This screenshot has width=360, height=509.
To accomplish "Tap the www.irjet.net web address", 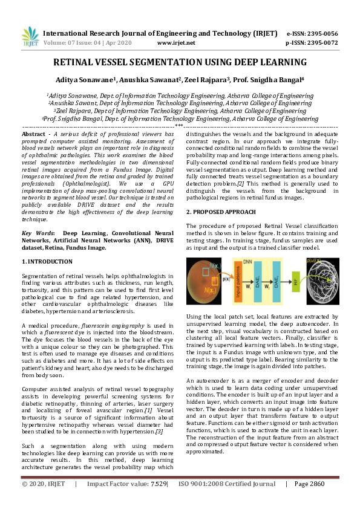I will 175,43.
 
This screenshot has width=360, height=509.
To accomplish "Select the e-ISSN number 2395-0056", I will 321,33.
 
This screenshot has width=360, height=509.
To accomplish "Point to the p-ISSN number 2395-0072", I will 321,43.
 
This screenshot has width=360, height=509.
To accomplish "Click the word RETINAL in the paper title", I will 78,62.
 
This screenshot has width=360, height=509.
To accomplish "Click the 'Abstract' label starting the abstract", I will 33,134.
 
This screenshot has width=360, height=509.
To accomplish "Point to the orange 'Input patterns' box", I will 237,282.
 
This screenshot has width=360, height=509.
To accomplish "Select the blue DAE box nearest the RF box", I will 279,282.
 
